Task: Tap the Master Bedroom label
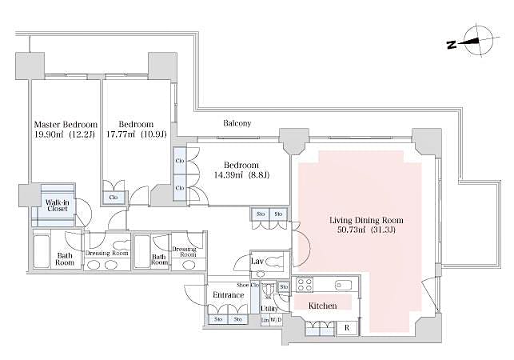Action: point(65,125)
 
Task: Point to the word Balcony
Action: point(237,123)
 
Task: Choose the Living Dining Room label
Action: point(367,219)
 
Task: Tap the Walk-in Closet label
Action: point(56,206)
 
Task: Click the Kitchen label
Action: point(323,306)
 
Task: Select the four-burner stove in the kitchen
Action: point(305,284)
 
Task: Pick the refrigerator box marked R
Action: point(346,328)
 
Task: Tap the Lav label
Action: point(257,261)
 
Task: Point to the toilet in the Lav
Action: point(275,262)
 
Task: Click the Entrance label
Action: point(228,295)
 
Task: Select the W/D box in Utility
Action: point(275,321)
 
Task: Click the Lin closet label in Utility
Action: point(265,321)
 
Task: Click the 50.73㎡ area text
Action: point(353,230)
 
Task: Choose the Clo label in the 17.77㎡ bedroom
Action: point(114,196)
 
